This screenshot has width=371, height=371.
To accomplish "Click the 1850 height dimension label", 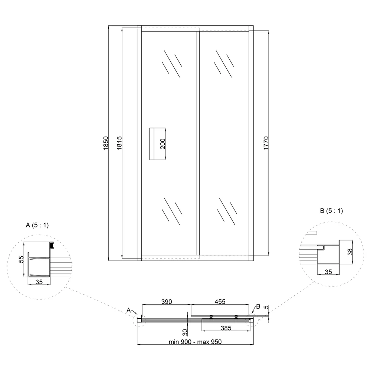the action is click(x=106, y=143).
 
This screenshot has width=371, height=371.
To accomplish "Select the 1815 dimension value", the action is click(x=119, y=143).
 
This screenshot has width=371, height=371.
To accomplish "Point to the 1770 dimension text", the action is click(x=266, y=143).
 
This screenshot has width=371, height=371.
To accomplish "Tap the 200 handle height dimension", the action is click(x=163, y=144).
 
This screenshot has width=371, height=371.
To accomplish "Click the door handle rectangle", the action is click(x=152, y=144).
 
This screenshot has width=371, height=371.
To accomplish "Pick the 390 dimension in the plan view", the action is click(x=167, y=302).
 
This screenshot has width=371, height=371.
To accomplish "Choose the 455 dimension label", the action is click(x=220, y=302).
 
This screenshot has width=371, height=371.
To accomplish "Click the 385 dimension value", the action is click(x=226, y=328).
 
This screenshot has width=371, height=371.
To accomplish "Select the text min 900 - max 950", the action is click(x=195, y=342).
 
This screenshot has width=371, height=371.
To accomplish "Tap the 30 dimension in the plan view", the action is click(x=185, y=332).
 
